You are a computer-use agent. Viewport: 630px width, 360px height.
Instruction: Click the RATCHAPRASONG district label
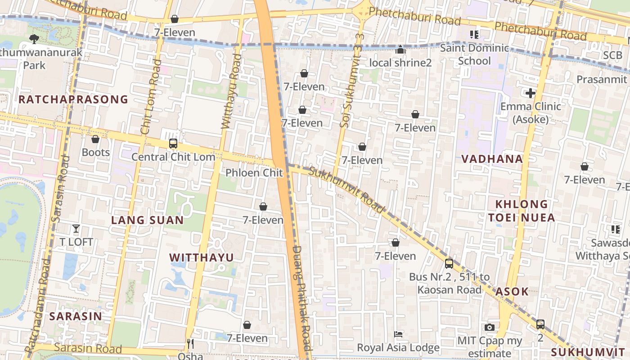click(x=73, y=99)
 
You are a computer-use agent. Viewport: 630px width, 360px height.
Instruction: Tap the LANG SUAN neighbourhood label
click(x=147, y=220)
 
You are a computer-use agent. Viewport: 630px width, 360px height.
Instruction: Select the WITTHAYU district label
click(x=201, y=257)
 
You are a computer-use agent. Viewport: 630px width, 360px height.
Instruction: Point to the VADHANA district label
click(x=492, y=159)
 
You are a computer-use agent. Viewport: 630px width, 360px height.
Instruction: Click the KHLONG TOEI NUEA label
click(x=522, y=211)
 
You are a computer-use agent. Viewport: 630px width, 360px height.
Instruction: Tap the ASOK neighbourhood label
click(x=512, y=292)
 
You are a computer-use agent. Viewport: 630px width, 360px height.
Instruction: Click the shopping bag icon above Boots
click(x=95, y=139)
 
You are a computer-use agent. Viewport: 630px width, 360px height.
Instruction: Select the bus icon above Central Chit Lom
click(x=173, y=144)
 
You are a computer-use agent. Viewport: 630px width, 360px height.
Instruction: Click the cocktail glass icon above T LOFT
click(x=76, y=229)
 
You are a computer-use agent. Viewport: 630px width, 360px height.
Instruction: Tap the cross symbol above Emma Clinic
click(x=531, y=93)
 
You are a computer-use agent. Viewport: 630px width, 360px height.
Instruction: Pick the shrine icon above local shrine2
click(x=400, y=49)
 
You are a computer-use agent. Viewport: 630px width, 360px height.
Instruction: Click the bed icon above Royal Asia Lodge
click(x=398, y=334)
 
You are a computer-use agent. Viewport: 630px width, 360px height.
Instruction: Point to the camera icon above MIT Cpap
click(x=490, y=328)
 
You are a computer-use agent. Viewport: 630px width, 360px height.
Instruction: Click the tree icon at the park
click(x=34, y=39)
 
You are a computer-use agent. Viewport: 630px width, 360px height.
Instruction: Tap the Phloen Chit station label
click(x=254, y=173)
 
